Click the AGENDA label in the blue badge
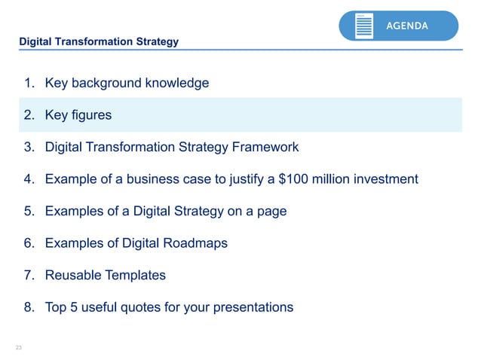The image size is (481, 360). click(407, 26)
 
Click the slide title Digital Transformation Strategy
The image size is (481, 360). click(99, 41)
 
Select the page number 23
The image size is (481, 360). click(19, 347)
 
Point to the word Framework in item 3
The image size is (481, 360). click(264, 147)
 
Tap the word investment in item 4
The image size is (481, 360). click(381, 179)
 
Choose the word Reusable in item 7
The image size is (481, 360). click(73, 275)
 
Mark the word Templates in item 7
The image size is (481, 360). click(136, 275)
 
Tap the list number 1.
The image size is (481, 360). click(28, 83)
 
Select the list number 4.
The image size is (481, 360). click(28, 179)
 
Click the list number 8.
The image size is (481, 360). click(28, 307)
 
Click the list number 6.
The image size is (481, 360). click(28, 243)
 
